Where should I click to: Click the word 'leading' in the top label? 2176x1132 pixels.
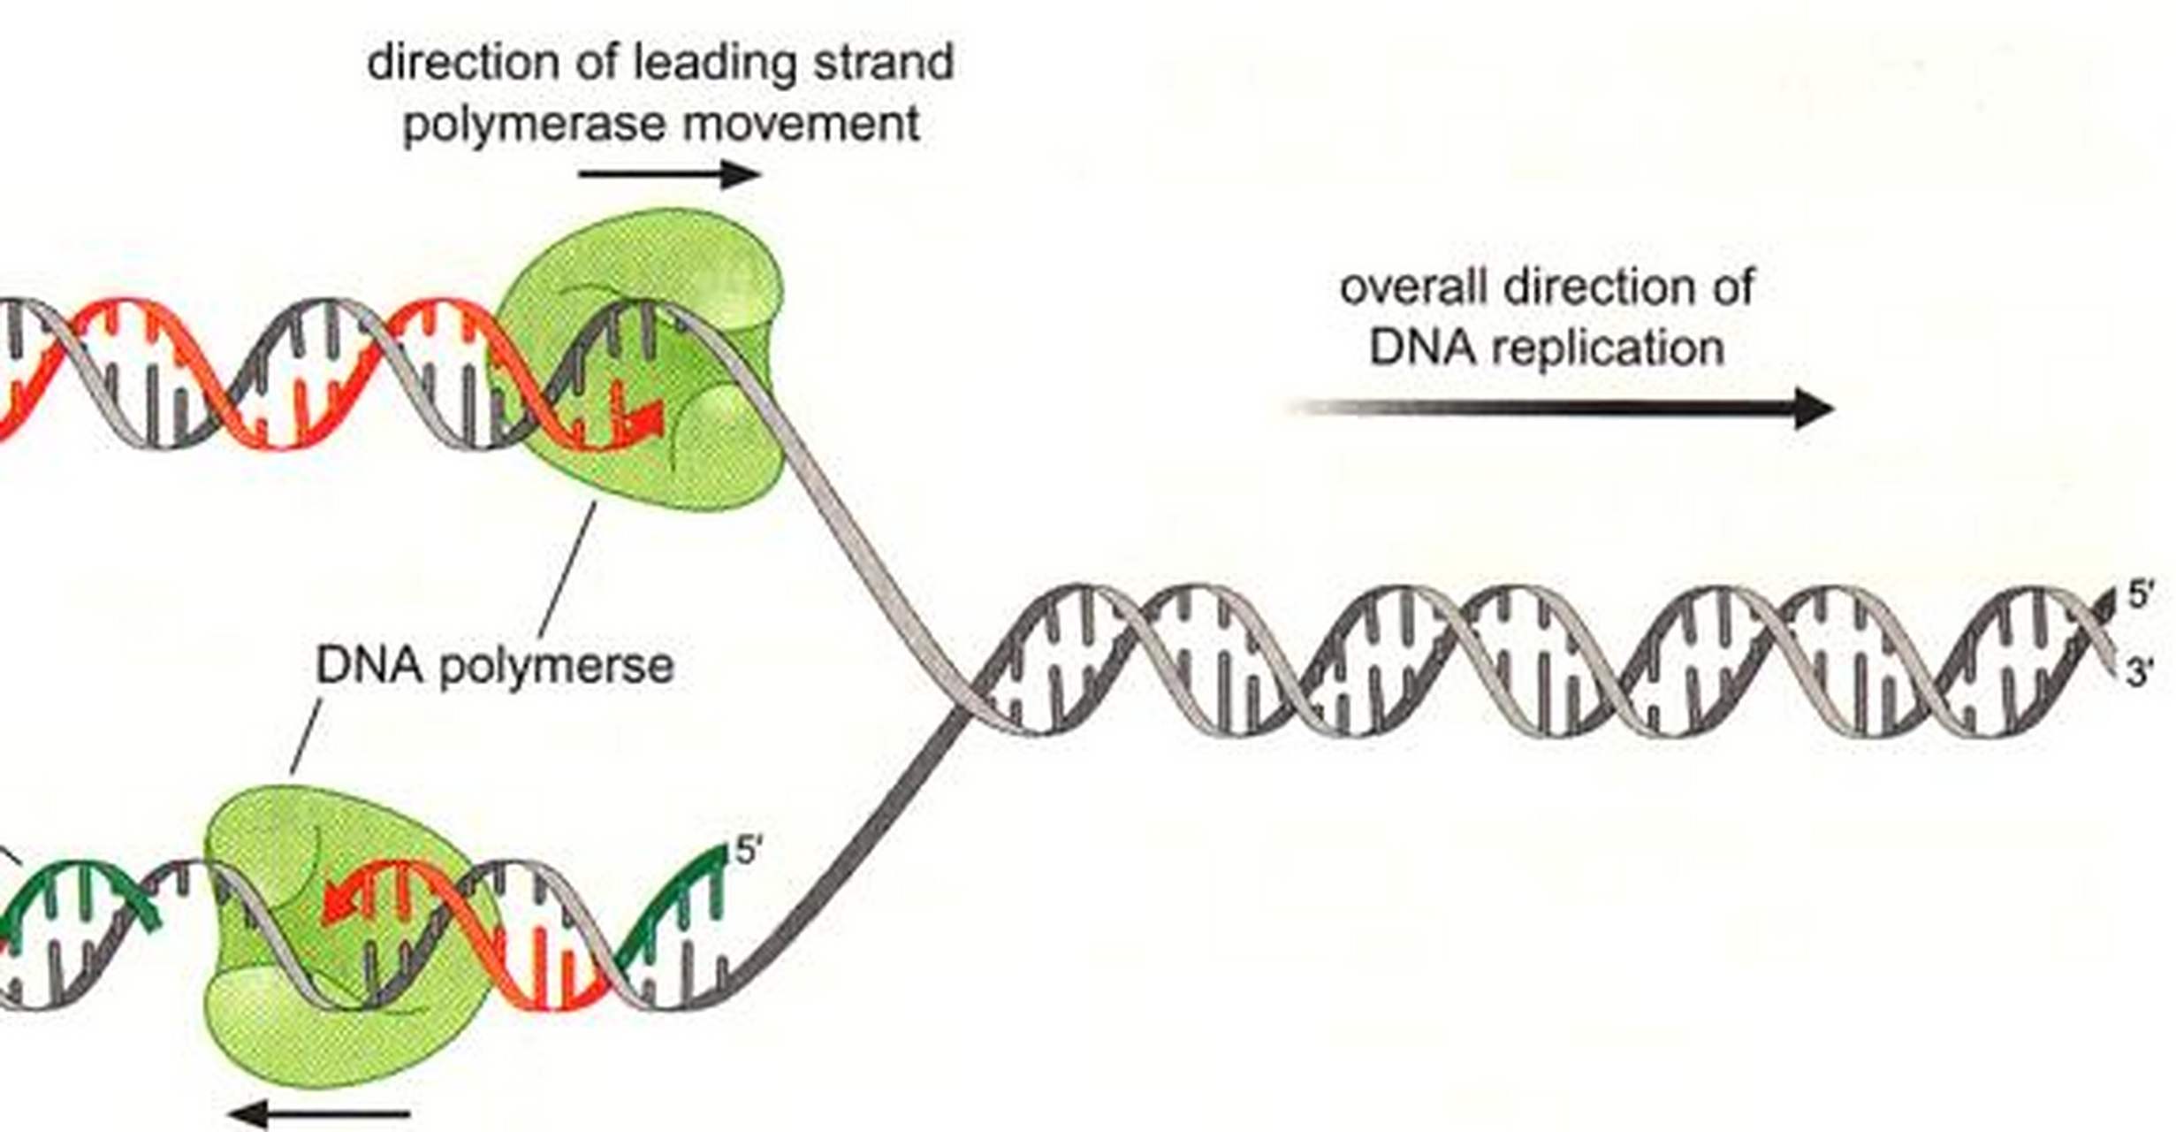tap(715, 64)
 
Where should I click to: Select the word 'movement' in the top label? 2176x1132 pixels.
tap(801, 124)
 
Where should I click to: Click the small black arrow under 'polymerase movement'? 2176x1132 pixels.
tap(669, 174)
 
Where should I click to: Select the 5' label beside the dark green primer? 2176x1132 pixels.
tap(748, 852)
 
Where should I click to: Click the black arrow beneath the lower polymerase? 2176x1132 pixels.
tap(320, 1113)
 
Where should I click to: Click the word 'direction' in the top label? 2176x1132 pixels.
tap(464, 64)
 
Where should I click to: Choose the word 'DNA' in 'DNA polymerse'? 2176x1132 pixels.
tap(369, 665)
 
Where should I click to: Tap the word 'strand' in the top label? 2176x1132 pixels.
tap(883, 64)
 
